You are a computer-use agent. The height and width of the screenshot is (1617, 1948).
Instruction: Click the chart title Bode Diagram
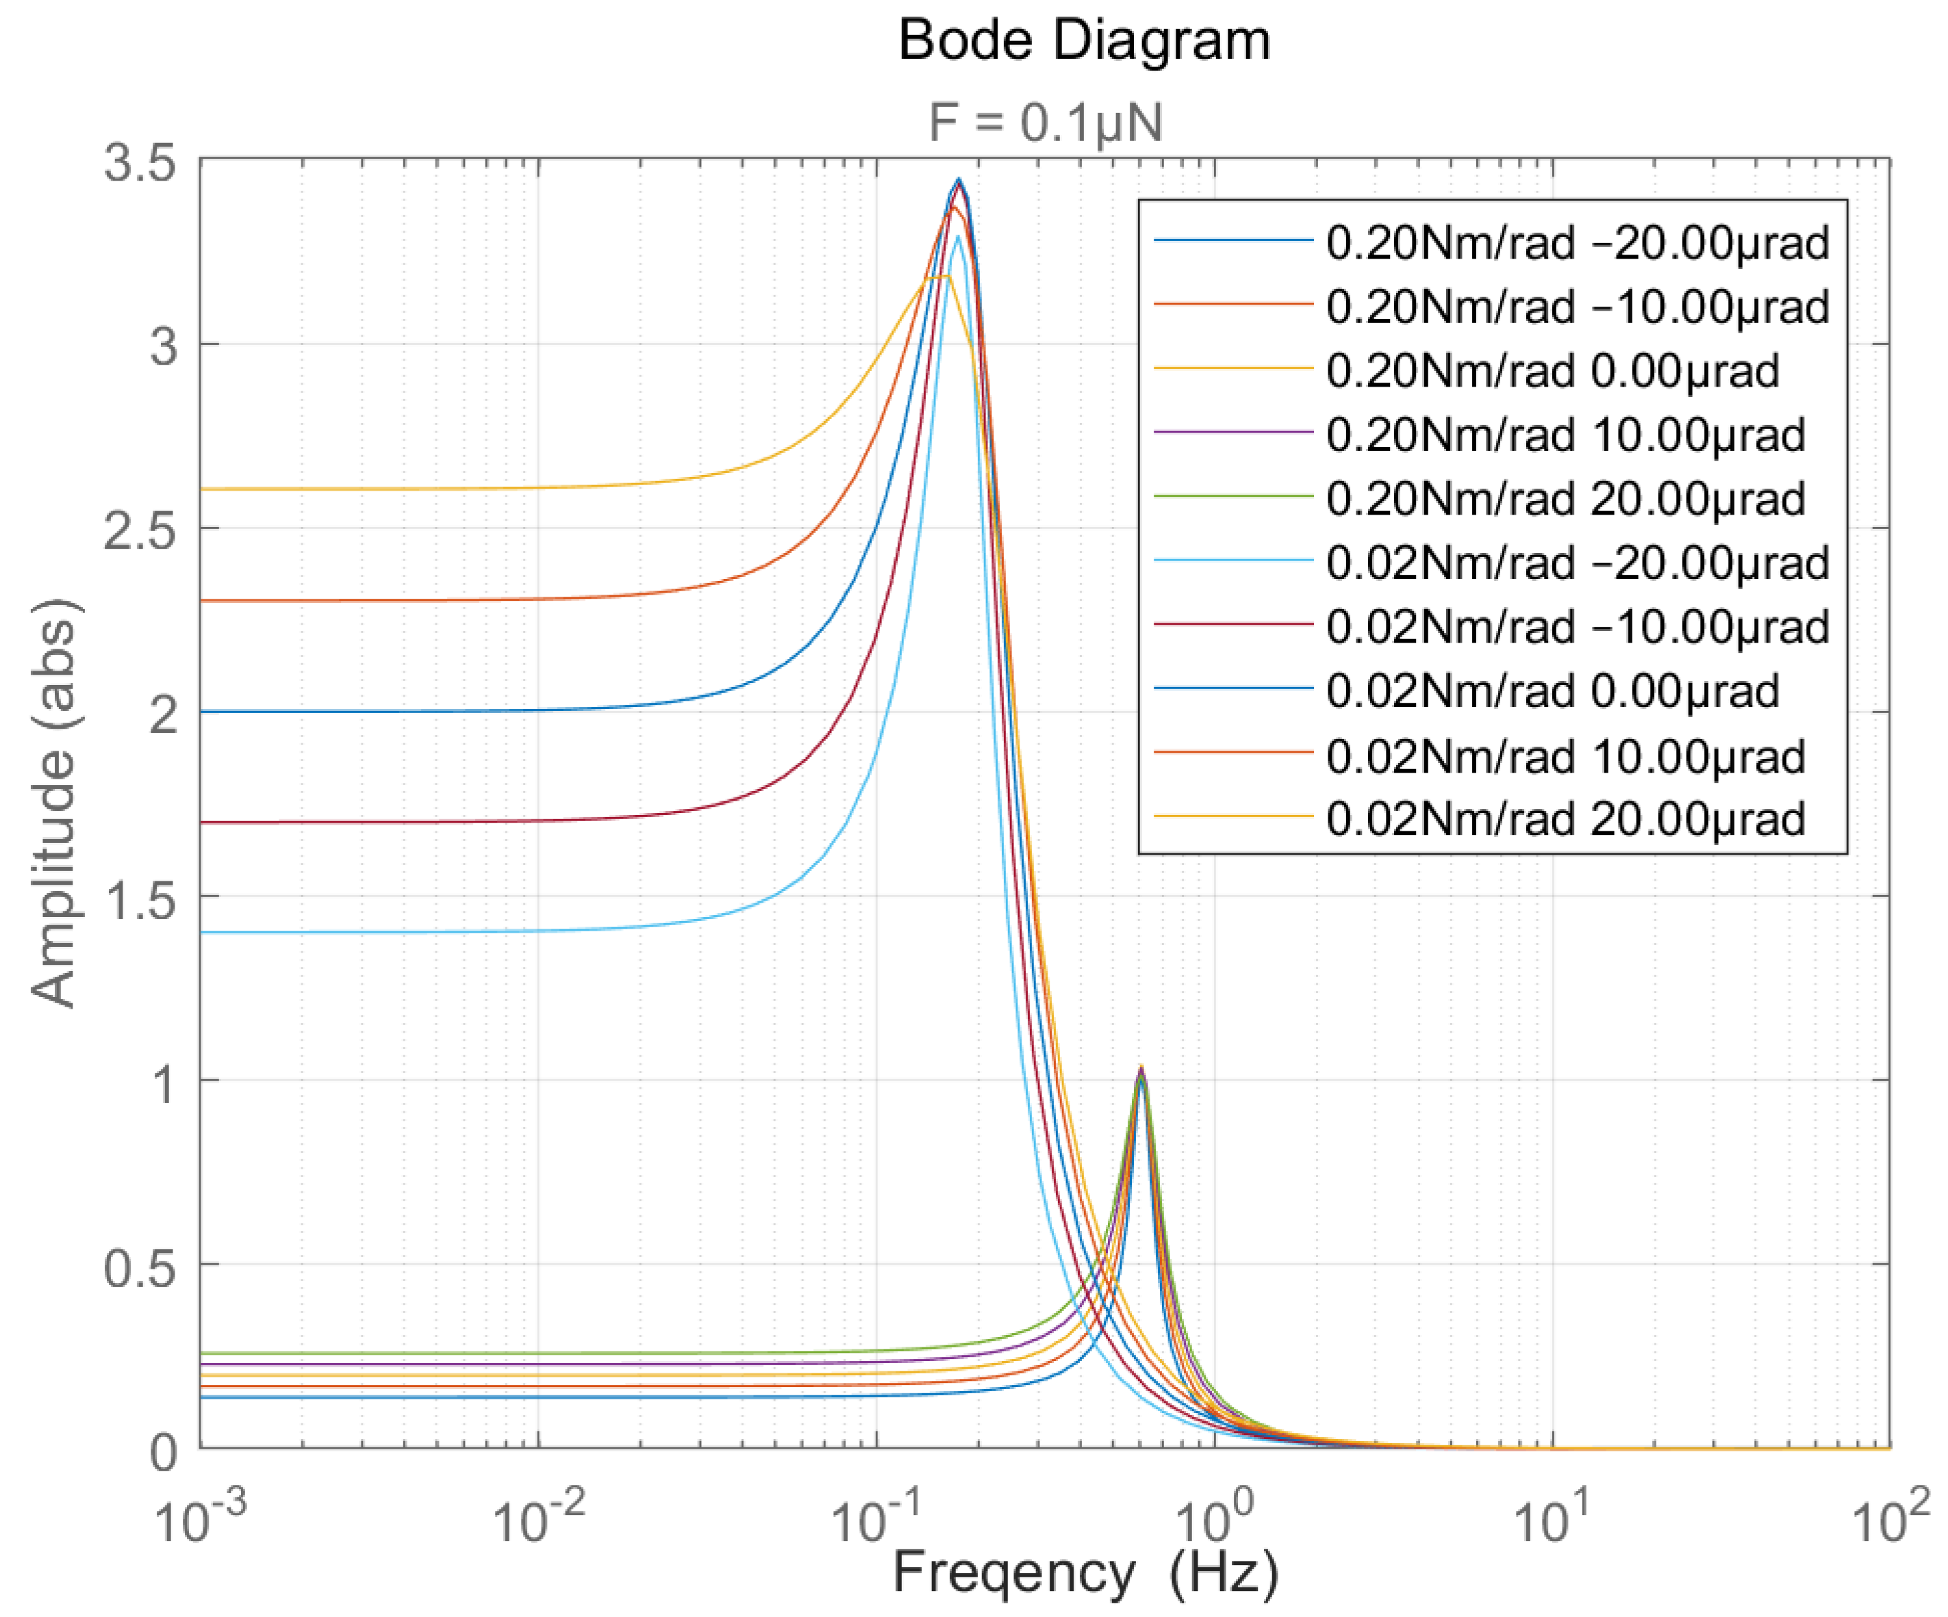coord(1083,41)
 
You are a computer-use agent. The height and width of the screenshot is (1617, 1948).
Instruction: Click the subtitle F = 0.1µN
coord(1046,122)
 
